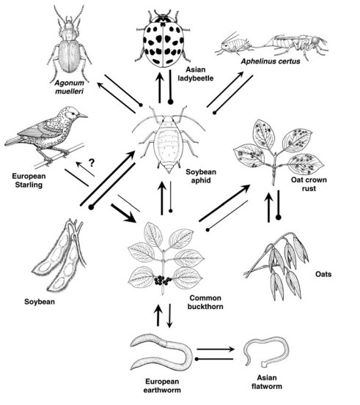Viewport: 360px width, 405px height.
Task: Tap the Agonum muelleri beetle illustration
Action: pyautogui.click(x=70, y=44)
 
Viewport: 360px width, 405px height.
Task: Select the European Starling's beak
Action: pyautogui.click(x=83, y=116)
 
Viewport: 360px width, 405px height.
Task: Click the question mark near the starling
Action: pyautogui.click(x=92, y=163)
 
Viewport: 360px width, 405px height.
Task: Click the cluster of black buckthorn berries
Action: pyautogui.click(x=163, y=280)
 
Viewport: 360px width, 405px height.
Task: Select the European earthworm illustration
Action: pyautogui.click(x=161, y=352)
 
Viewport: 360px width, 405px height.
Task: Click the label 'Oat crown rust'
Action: pyautogui.click(x=309, y=184)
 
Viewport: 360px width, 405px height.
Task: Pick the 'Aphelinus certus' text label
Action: pyautogui.click(x=271, y=62)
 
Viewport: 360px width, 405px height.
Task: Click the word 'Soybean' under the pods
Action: pyautogui.click(x=40, y=302)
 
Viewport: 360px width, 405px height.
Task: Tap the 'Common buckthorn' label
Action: pyautogui.click(x=205, y=302)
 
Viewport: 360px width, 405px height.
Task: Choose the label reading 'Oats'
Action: pyautogui.click(x=323, y=274)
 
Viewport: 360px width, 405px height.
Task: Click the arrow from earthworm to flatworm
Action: pyautogui.click(x=216, y=349)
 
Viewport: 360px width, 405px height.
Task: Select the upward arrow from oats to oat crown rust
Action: pyautogui.click(x=268, y=207)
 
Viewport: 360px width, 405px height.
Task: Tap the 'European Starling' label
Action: pyautogui.click(x=29, y=181)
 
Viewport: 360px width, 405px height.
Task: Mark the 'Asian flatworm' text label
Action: pyautogui.click(x=267, y=382)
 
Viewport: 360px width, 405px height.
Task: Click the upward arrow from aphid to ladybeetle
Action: pyautogui.click(x=160, y=88)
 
